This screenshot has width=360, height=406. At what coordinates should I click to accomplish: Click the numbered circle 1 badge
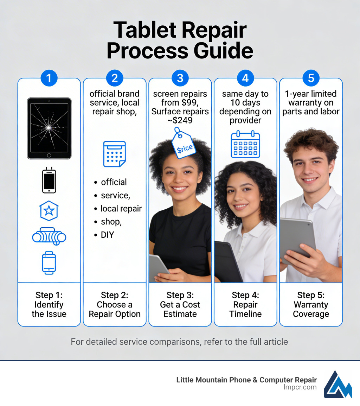click(x=49, y=78)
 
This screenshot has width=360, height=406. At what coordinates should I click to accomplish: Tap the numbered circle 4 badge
click(x=245, y=78)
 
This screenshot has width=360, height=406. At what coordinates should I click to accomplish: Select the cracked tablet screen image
click(x=49, y=128)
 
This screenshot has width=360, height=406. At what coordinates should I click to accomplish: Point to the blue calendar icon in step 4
click(x=245, y=144)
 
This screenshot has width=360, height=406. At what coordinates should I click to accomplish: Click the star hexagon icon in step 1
click(x=49, y=211)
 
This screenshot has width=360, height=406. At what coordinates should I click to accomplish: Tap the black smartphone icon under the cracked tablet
click(x=49, y=181)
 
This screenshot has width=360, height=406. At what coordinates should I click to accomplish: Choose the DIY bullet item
click(x=107, y=235)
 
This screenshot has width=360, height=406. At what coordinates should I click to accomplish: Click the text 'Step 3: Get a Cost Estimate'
click(x=180, y=305)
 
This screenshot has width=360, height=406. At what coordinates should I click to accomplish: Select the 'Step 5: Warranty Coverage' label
click(x=311, y=305)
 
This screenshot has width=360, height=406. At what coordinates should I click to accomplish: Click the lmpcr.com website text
click(x=300, y=387)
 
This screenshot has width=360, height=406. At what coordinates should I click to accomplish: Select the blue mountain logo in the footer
click(x=338, y=384)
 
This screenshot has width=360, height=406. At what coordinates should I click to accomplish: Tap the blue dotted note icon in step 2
click(x=114, y=154)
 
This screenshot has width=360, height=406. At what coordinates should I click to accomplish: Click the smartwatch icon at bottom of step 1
click(x=49, y=262)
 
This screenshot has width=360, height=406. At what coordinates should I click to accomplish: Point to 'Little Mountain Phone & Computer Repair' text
click(x=246, y=380)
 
